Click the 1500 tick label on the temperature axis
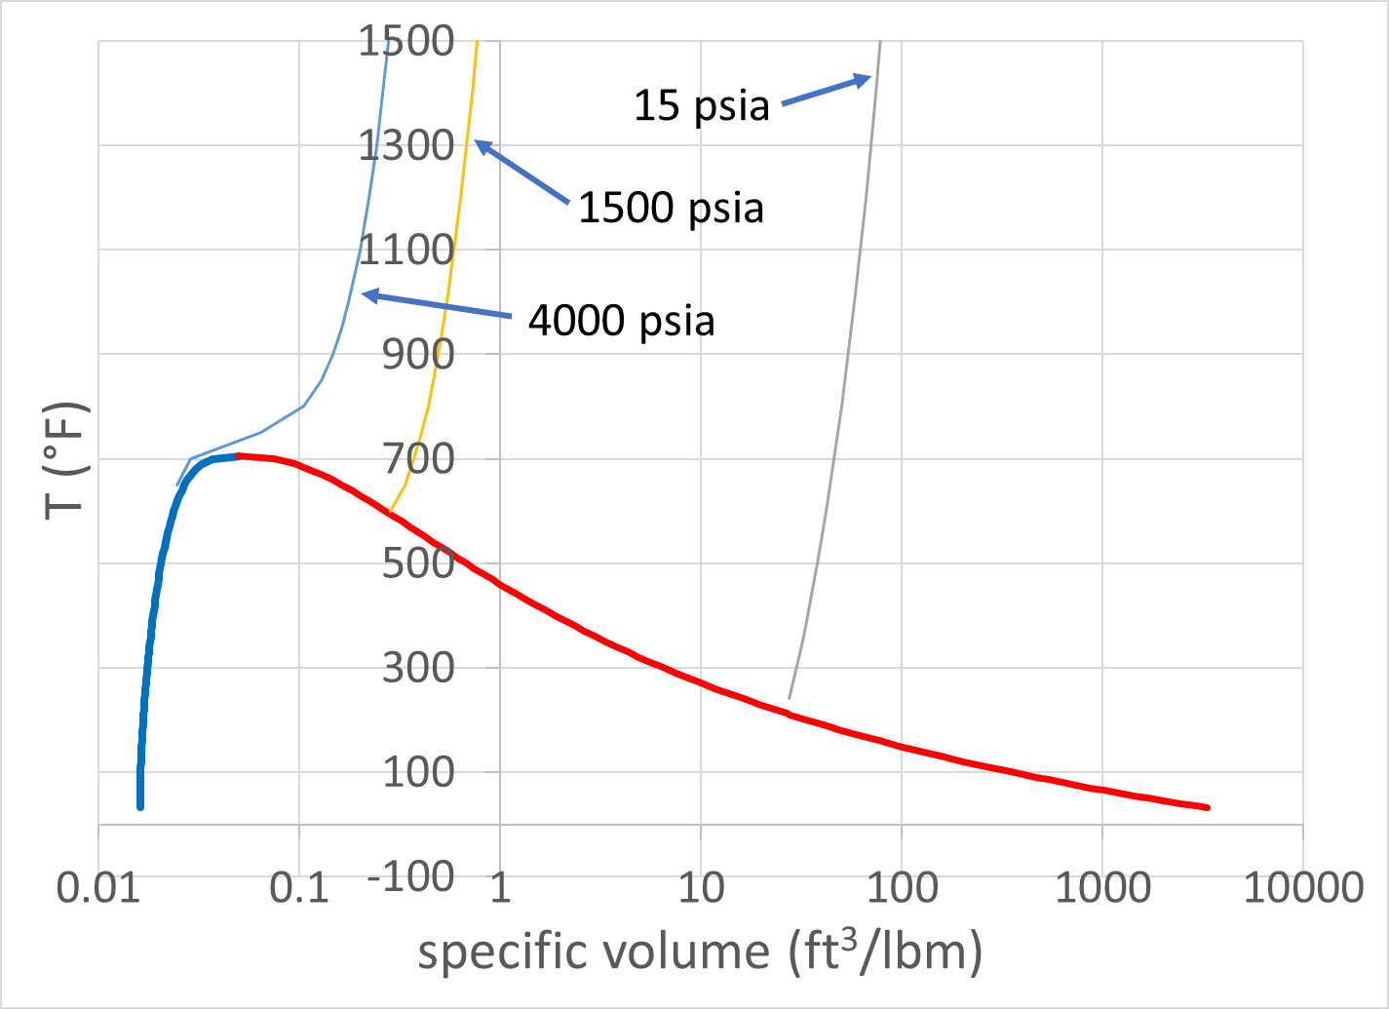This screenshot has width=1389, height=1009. [x=405, y=42]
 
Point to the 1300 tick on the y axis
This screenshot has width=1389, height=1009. [x=405, y=146]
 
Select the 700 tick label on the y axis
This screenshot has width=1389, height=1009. [x=418, y=458]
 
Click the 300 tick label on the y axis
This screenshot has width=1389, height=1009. [x=418, y=668]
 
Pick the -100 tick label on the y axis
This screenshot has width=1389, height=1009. [x=410, y=876]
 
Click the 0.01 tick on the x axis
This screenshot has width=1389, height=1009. [x=98, y=888]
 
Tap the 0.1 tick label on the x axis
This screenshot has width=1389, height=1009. [x=299, y=888]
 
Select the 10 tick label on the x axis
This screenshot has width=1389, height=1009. [x=700, y=888]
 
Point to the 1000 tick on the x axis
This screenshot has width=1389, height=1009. [x=1102, y=888]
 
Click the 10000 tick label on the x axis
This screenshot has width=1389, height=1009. [x=1302, y=888]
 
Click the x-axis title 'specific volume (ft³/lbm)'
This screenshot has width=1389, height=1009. [x=700, y=951]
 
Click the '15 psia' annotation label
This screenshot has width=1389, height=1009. [x=702, y=105]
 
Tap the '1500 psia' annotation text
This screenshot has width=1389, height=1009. [x=671, y=208]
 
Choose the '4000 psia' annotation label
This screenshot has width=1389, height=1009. [x=621, y=321]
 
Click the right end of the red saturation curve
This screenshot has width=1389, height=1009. [x=1208, y=807]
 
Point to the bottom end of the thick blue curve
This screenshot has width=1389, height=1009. [x=140, y=806]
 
